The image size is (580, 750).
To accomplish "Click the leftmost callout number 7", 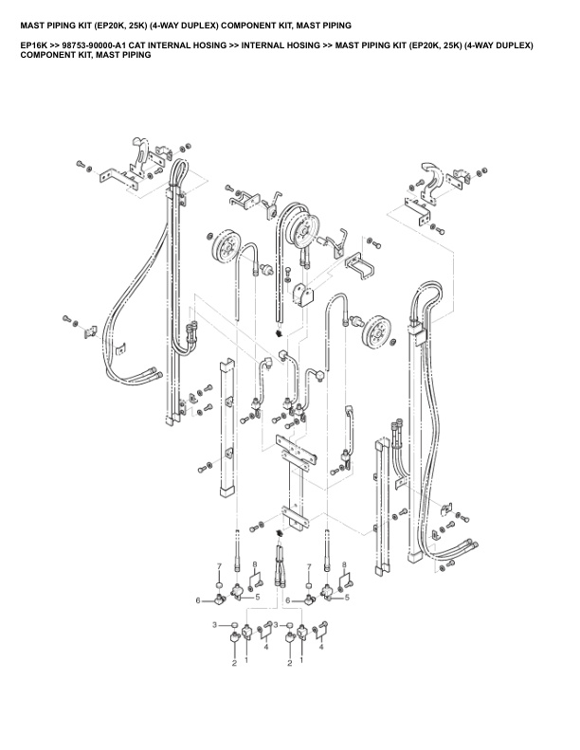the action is [x=219, y=566].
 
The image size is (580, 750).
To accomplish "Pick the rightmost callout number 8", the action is [x=344, y=565].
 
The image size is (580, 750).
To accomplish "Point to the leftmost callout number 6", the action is [x=198, y=600].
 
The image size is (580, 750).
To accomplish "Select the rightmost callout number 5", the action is [x=347, y=598].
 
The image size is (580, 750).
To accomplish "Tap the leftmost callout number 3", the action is [x=215, y=625].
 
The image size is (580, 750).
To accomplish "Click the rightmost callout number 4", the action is [x=321, y=647].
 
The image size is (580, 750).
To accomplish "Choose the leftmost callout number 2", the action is [x=234, y=663].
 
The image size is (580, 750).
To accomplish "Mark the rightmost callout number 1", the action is [x=301, y=660].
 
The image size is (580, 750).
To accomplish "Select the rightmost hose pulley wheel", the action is [x=377, y=332].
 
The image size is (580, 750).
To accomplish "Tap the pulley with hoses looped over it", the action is [x=304, y=231].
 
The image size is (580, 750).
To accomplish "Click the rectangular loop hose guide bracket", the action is [x=359, y=264].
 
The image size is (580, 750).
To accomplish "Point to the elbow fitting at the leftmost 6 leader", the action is [x=221, y=598].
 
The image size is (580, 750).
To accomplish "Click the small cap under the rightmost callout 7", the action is [x=309, y=586].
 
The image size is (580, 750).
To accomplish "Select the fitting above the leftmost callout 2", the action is [x=234, y=636].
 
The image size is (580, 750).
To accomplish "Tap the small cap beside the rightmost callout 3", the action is [x=290, y=625].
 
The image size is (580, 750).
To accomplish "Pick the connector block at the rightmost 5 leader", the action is [x=327, y=592].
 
